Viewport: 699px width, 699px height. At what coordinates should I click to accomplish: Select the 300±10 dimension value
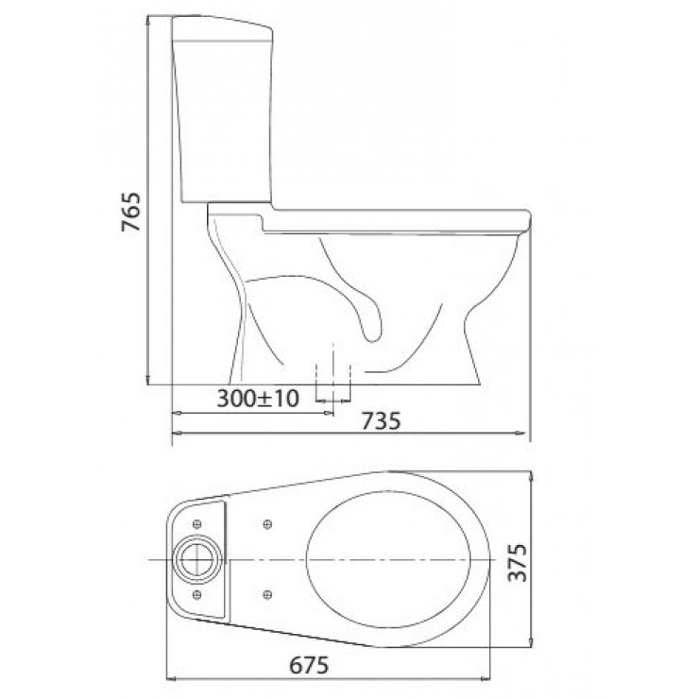point(257,399)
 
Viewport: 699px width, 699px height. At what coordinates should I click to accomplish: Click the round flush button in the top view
point(197,556)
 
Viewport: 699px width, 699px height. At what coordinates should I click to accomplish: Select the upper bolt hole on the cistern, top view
point(196,522)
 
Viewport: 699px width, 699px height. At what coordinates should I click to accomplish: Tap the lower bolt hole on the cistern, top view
point(196,593)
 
